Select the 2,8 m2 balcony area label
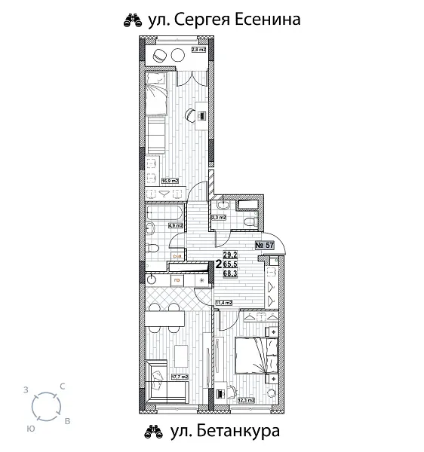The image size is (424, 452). [x=198, y=50]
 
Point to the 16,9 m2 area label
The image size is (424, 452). [x=170, y=180]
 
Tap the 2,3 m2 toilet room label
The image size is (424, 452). [x=220, y=219]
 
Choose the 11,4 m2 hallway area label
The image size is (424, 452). [x=223, y=303]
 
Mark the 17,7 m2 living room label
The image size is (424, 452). [x=179, y=377]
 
